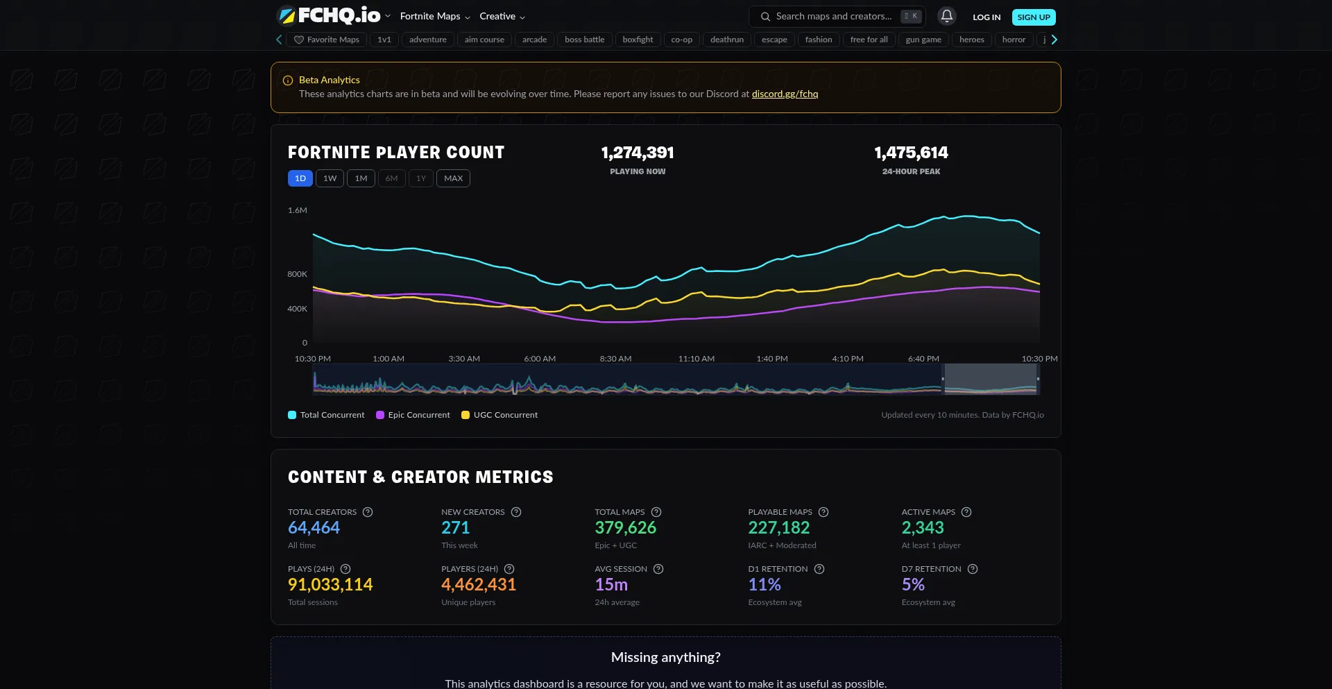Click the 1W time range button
pos(330,178)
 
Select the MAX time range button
pos(453,178)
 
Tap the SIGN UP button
pos(1033,17)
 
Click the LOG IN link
pos(986,17)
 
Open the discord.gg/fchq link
pos(785,94)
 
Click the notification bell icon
pos(946,16)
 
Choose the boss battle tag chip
pos(584,40)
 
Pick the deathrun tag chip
pos(726,40)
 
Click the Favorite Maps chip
pos(327,40)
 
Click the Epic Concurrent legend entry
pos(413,415)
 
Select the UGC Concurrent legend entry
pos(499,415)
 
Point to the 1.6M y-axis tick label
pos(298,210)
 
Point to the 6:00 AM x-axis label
pos(540,359)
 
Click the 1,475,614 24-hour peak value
pos(911,153)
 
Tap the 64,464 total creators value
pos(314,528)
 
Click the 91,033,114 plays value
pos(330,585)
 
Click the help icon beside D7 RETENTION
pos(973,569)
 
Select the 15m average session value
pos(611,585)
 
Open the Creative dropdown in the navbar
pos(502,17)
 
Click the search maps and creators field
pos(833,16)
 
